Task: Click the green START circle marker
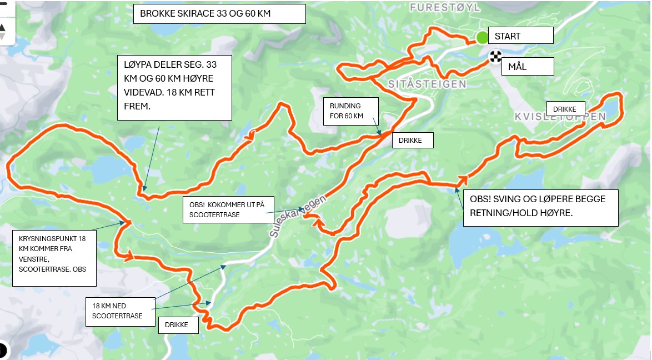coord(482,37)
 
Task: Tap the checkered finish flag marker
coord(495,56)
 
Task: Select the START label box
coord(520,36)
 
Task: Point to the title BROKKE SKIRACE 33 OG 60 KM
coord(219,14)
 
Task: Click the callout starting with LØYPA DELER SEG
coord(174,87)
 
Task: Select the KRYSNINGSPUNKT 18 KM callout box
coord(54,258)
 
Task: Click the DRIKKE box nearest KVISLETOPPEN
coord(565,108)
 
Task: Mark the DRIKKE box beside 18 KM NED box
coord(178,324)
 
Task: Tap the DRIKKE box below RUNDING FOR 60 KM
coord(412,141)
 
